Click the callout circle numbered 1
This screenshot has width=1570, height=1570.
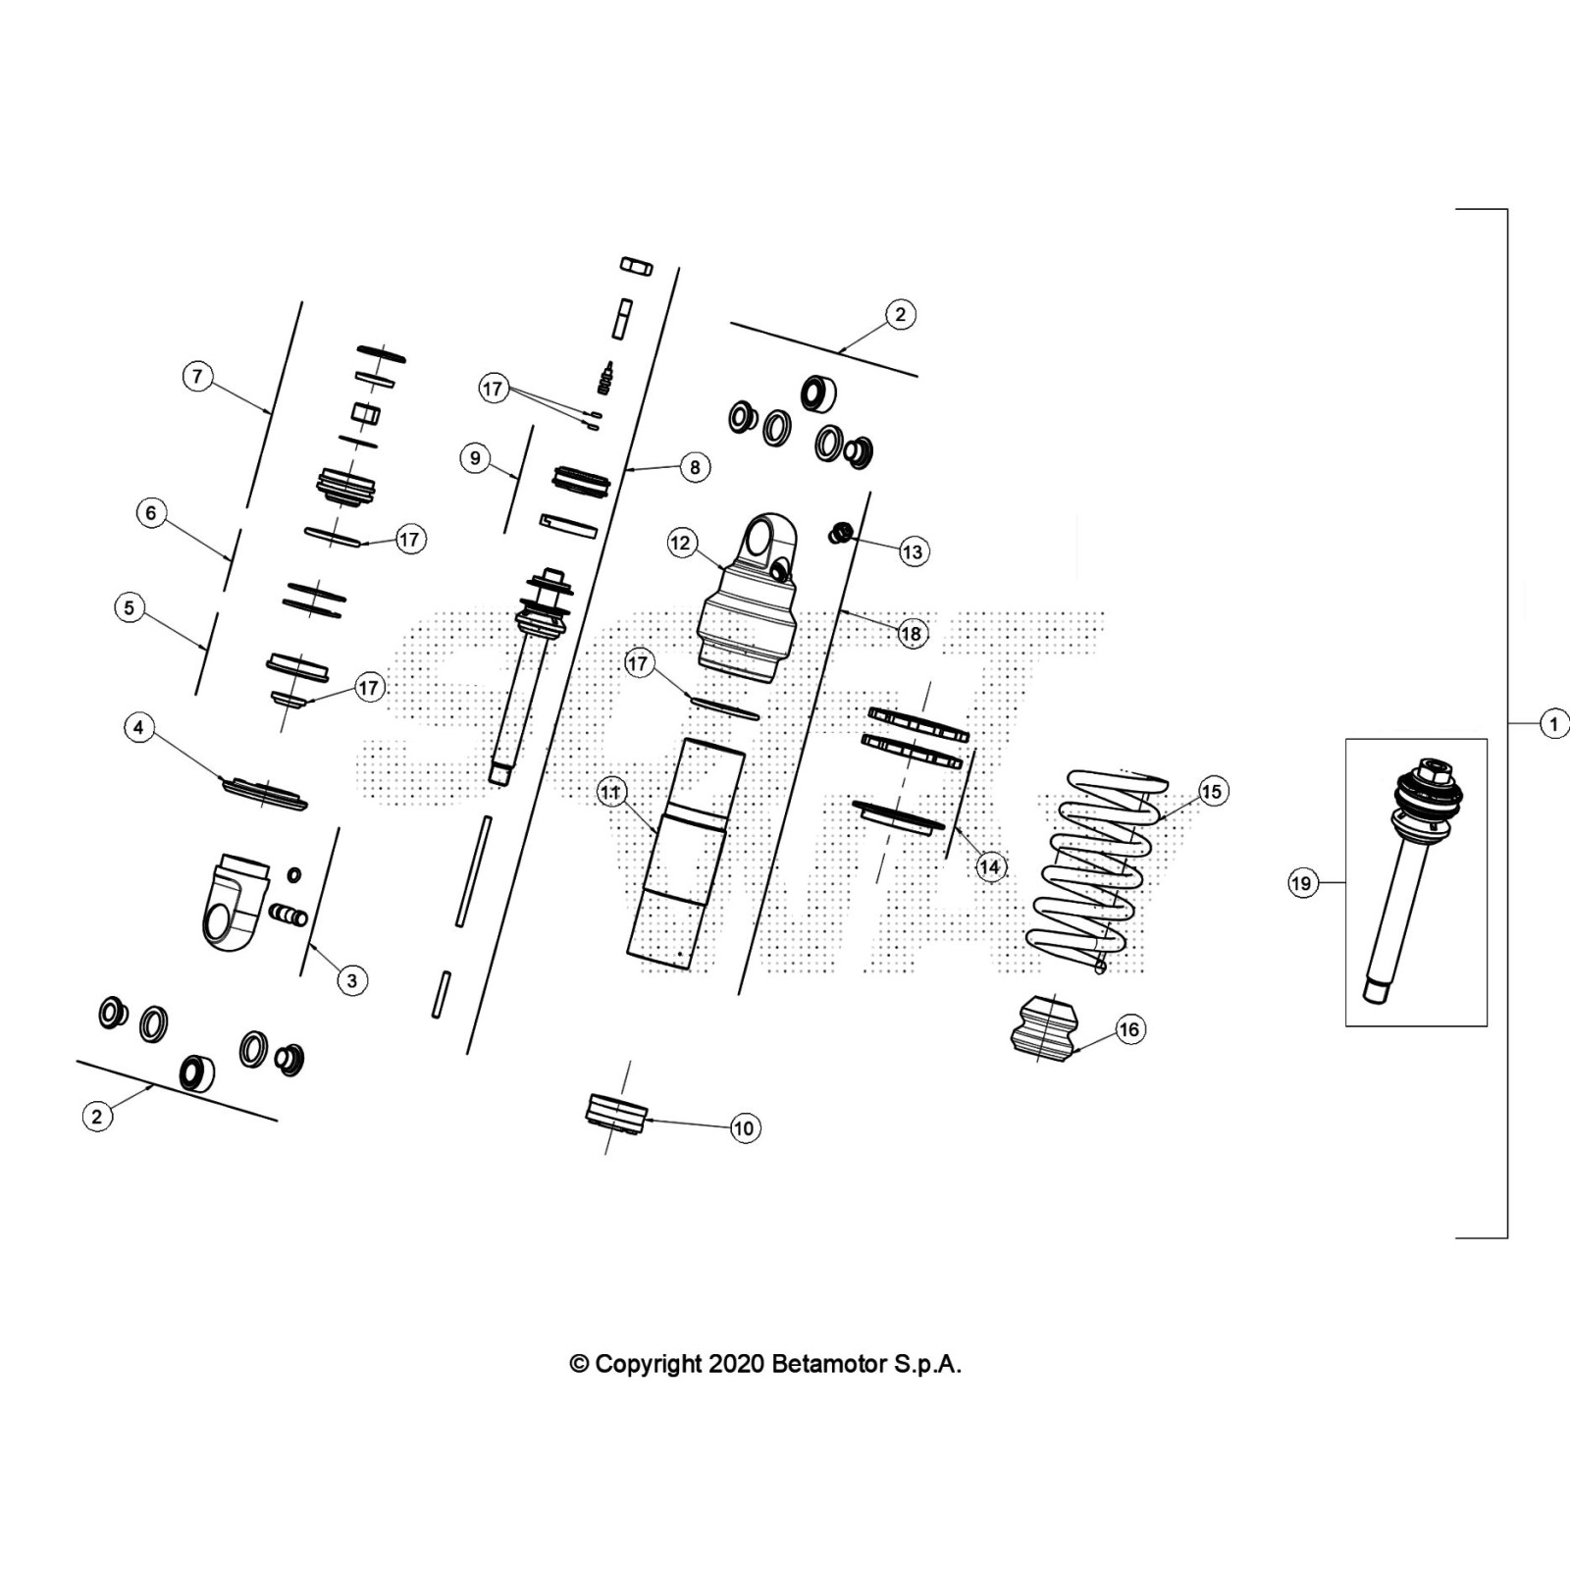1553,725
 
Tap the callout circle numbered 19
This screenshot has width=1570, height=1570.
1301,883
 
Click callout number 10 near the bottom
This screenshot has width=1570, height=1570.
744,1128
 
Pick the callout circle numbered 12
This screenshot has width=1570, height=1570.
681,543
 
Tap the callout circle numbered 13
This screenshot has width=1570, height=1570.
913,551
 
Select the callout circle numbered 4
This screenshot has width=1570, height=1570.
138,727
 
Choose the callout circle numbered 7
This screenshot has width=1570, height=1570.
198,376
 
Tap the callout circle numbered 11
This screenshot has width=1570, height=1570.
610,792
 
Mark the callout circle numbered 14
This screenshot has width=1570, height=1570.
989,866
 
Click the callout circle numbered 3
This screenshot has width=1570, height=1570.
352,979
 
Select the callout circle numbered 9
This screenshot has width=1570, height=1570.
475,458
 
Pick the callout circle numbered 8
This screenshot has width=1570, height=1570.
695,467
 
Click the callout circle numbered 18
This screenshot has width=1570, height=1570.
911,634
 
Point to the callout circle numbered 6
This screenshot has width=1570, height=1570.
150,512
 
